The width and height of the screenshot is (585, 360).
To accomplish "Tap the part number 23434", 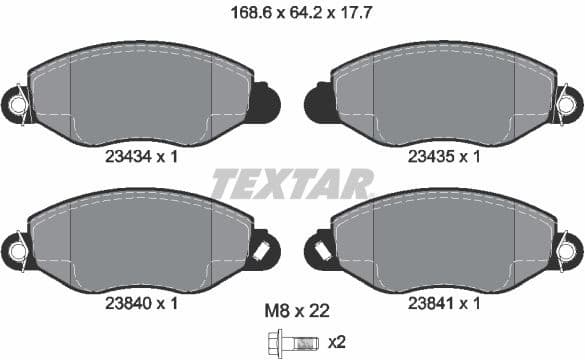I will [x=126, y=156].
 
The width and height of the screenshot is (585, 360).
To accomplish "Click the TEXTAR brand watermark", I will [x=292, y=184].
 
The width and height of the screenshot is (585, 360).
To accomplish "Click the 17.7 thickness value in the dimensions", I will [x=346, y=14].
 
